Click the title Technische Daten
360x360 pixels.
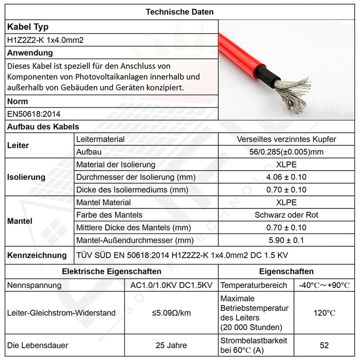click(x=180, y=12)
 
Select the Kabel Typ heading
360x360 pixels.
click(x=28, y=27)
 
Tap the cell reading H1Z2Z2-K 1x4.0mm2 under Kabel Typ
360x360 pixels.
click(x=45, y=40)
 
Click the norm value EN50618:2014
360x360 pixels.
click(x=34, y=114)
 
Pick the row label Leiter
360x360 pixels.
click(x=18, y=145)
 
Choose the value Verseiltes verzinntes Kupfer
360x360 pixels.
click(x=286, y=139)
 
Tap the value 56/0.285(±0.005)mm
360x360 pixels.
click(x=286, y=152)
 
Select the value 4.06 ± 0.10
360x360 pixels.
click(x=286, y=177)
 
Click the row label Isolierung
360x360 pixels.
click(x=26, y=177)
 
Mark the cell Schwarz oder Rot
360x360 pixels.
click(x=286, y=215)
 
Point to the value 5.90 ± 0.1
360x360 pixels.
click(x=286, y=240)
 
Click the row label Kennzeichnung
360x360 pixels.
click(x=37, y=255)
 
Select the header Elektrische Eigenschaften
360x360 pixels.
click(x=111, y=271)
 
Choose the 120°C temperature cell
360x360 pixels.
click(x=324, y=313)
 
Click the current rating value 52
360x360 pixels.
click(x=324, y=345)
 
